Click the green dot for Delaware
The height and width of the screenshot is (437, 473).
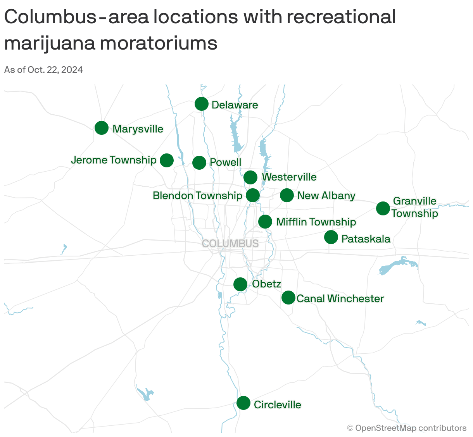click(201, 104)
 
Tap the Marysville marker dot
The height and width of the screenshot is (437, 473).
click(102, 128)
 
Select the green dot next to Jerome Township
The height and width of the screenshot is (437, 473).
click(167, 160)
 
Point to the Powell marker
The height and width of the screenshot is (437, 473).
click(199, 163)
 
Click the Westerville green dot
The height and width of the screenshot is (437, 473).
click(250, 177)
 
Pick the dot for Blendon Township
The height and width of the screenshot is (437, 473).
click(253, 195)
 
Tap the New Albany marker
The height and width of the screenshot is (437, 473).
click(287, 195)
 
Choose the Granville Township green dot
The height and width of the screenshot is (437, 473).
click(383, 208)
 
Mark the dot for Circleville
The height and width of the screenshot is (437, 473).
click(243, 403)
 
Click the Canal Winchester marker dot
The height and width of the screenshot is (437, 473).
click(288, 298)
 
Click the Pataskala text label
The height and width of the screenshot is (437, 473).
click(366, 239)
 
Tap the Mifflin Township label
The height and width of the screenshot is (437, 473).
click(316, 222)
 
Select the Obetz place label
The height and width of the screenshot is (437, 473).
click(266, 284)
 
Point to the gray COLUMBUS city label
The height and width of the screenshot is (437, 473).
click(230, 243)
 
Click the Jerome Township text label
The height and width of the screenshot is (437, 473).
click(114, 160)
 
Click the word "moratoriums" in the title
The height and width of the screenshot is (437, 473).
click(159, 43)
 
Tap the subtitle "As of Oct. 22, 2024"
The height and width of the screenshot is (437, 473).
click(43, 70)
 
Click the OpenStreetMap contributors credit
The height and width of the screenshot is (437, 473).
click(407, 428)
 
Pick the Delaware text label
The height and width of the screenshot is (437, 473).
click(235, 105)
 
